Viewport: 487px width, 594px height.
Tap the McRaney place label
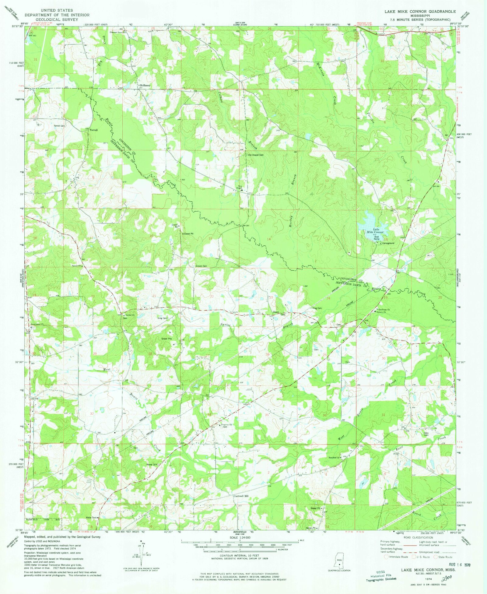coord(145,86)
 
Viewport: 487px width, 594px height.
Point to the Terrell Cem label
coord(59,126)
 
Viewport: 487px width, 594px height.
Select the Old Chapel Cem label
coord(255,155)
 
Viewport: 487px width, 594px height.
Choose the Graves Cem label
coord(201,266)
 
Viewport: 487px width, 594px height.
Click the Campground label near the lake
coord(388,243)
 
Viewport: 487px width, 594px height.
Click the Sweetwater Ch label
coord(37,324)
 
